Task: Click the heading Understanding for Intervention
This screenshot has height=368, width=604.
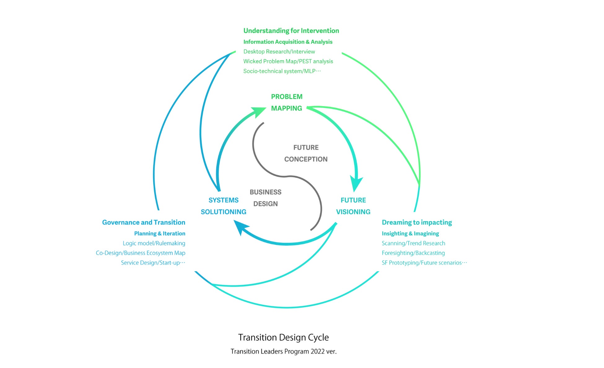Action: (291, 31)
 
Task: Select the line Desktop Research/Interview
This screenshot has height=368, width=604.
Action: (279, 52)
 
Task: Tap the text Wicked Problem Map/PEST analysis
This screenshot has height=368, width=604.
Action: (288, 61)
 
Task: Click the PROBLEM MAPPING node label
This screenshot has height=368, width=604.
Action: (287, 102)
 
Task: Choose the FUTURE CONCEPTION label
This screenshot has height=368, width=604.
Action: (306, 153)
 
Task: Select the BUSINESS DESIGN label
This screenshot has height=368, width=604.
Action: (265, 198)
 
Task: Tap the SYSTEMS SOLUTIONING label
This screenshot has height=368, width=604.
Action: (223, 206)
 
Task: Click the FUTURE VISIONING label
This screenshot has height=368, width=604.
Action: (353, 206)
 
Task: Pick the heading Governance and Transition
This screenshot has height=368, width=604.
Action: (143, 222)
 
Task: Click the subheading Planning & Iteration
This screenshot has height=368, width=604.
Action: (160, 234)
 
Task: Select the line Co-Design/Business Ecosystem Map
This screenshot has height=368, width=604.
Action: (140, 253)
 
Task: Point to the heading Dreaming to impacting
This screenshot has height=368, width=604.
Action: (417, 222)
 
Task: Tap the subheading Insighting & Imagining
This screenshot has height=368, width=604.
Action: (410, 234)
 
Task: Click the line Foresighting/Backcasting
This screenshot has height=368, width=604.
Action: (413, 253)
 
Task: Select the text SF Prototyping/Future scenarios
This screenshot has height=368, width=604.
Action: (424, 263)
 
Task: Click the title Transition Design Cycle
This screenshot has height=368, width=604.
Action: (283, 337)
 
